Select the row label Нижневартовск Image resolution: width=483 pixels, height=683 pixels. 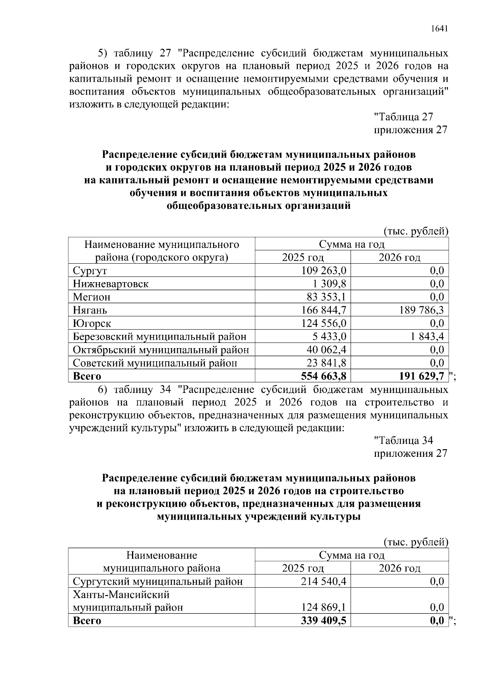[x=111, y=284]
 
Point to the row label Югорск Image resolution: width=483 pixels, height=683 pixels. [x=92, y=324]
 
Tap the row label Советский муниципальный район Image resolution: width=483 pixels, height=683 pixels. [x=155, y=363]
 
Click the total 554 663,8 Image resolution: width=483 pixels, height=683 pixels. [x=324, y=376]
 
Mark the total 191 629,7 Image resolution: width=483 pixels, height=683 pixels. [x=421, y=376]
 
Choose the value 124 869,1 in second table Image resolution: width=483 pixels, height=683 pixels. [x=324, y=607]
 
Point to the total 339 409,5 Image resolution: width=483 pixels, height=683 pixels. [x=324, y=621]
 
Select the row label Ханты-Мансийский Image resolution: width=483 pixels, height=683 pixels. [x=121, y=594]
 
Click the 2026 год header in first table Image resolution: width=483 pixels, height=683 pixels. [x=399, y=257]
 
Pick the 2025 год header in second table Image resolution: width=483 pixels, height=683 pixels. [x=303, y=568]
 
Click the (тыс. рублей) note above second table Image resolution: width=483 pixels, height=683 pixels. [x=416, y=542]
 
